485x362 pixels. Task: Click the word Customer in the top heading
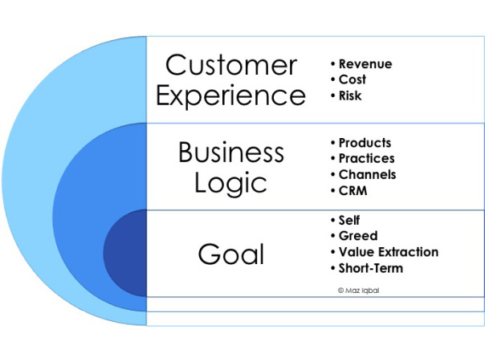231,65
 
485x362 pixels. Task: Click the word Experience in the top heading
231,96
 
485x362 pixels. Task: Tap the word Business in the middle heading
231,152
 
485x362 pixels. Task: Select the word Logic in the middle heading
230,183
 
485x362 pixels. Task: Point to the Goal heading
231,254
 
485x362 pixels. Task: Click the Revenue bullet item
365,64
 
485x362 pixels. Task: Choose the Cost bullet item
353,79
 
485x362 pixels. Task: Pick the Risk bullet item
350,96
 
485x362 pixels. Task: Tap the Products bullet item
365,143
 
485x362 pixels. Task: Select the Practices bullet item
366,159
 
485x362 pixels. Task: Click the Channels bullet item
367,175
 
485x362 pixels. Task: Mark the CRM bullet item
353,191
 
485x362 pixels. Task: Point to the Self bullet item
349,221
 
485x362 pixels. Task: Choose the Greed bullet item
358,236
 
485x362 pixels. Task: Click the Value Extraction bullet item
389,252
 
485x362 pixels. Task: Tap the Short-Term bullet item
371,268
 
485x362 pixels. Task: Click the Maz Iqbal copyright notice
358,291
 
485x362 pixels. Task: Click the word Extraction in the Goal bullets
409,252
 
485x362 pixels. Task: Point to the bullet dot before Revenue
332,64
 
